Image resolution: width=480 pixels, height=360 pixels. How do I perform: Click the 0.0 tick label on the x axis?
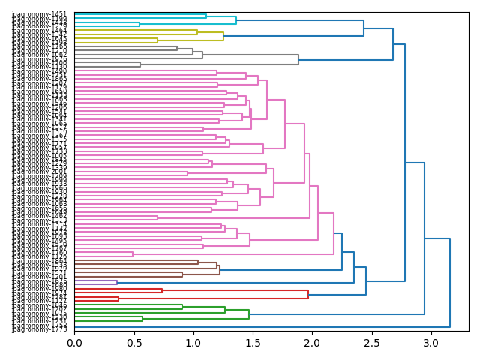point(74,343)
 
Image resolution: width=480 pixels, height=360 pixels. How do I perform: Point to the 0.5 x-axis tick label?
point(133,343)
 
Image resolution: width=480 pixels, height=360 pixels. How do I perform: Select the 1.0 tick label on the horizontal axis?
point(193,343)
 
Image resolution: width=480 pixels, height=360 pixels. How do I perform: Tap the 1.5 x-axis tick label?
point(253,343)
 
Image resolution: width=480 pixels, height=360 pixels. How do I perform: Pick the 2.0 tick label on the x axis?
point(312,343)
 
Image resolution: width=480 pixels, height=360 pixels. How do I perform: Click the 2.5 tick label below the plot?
point(371,343)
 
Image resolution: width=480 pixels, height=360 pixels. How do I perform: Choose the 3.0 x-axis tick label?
point(430,343)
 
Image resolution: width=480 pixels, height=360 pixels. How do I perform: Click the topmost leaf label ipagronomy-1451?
point(40,13)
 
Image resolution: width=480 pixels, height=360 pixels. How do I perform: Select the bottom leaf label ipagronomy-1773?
point(40,328)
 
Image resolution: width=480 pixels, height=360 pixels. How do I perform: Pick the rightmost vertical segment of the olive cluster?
point(223,36)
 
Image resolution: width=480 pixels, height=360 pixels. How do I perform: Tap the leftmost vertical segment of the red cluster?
point(118,298)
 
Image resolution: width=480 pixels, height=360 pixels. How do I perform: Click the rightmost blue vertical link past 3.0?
point(450,283)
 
